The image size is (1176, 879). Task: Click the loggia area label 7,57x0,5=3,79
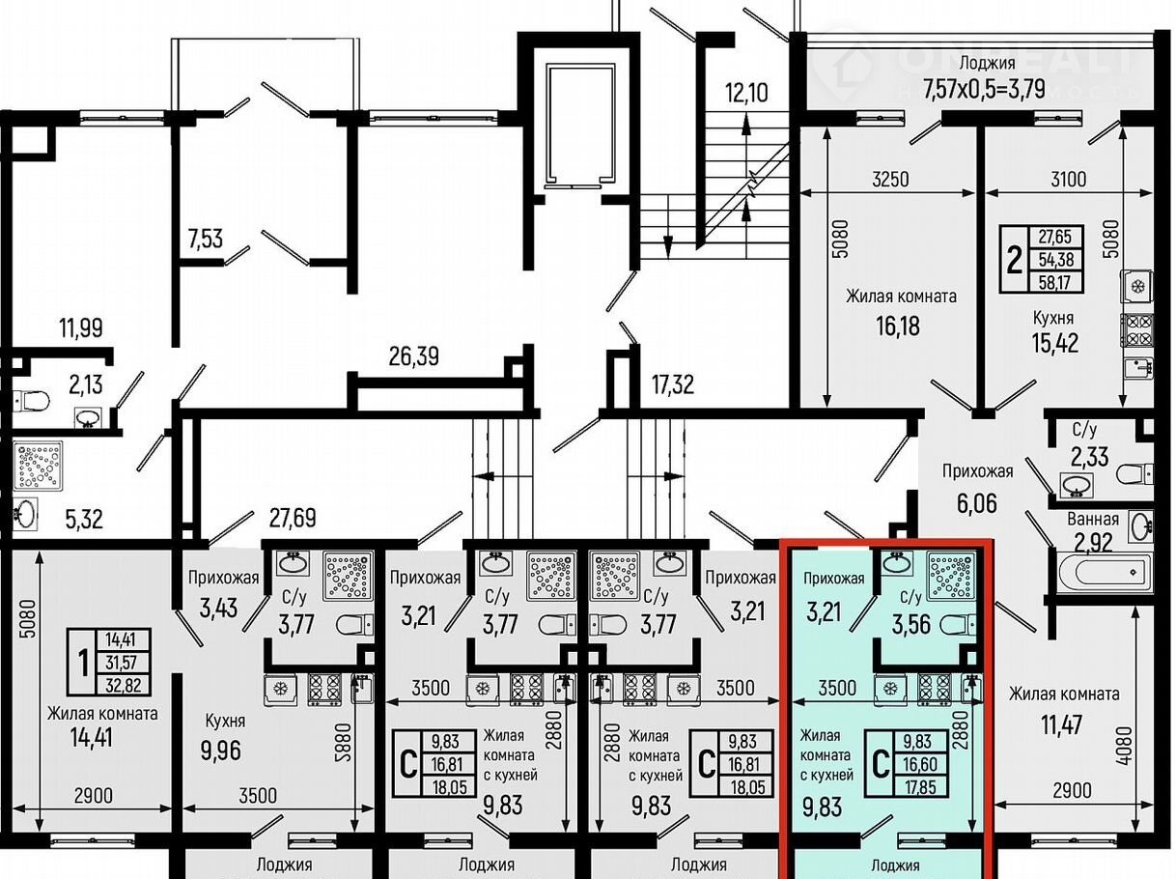pyautogui.click(x=984, y=89)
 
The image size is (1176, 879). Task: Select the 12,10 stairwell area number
pyautogui.click(x=746, y=92)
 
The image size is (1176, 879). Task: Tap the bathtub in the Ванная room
pyautogui.click(x=1106, y=572)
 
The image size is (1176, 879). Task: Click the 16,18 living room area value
pyautogui.click(x=898, y=326)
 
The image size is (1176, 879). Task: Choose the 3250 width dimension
pyautogui.click(x=890, y=180)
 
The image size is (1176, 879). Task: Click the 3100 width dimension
pyautogui.click(x=1068, y=180)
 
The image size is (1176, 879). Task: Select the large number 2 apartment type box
pyautogui.click(x=1014, y=260)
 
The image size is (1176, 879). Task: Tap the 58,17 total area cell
pyautogui.click(x=1055, y=282)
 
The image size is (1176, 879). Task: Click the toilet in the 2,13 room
pyautogui.click(x=31, y=400)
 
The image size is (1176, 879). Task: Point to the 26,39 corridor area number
pyautogui.click(x=413, y=356)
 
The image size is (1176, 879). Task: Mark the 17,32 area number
pyautogui.click(x=672, y=384)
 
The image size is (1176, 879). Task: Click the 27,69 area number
pyautogui.click(x=293, y=518)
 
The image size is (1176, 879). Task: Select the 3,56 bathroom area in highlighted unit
pyautogui.click(x=910, y=624)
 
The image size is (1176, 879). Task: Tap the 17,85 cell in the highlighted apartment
pyautogui.click(x=920, y=787)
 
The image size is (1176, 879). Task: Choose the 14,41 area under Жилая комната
pyautogui.click(x=91, y=738)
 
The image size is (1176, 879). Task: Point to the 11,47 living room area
pyautogui.click(x=1062, y=724)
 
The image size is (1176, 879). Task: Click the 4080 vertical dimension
pyautogui.click(x=1126, y=746)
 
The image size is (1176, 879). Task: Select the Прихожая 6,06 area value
pyautogui.click(x=977, y=503)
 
